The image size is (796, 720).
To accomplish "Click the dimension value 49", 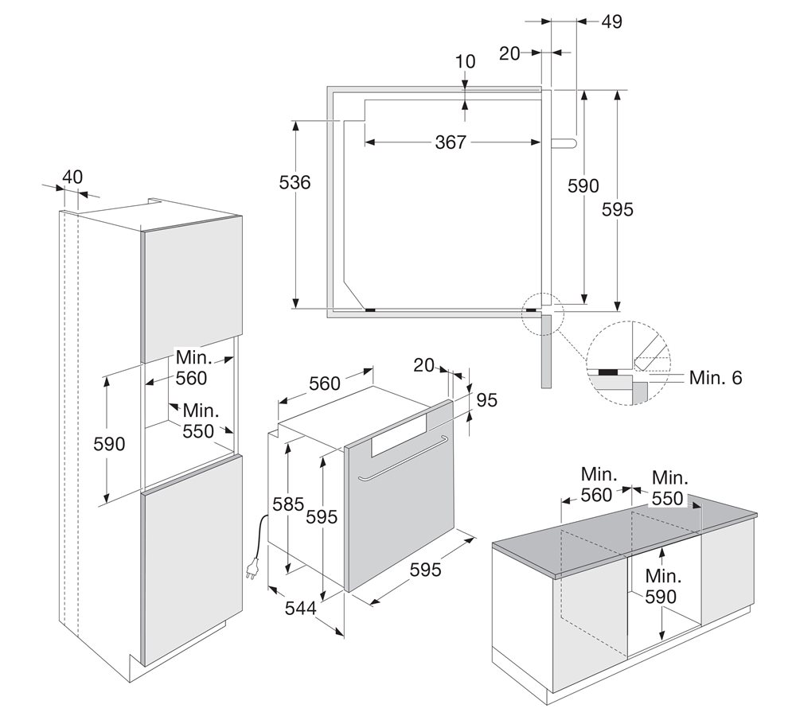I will [x=611, y=21].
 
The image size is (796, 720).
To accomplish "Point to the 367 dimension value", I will [x=451, y=142].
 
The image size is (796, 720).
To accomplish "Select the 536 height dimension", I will [x=295, y=182].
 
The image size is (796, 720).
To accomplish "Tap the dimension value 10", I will [x=466, y=61].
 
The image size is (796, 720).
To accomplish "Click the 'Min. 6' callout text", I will [x=715, y=378].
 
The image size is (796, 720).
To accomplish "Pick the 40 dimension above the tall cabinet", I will [x=72, y=177].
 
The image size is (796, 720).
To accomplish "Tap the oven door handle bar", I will [x=402, y=459].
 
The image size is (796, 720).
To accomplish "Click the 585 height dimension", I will [x=288, y=504].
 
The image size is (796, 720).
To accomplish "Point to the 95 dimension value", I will [x=486, y=400].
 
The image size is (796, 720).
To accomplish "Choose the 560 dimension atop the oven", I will [x=324, y=383].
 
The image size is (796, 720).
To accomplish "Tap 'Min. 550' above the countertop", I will [x=669, y=488].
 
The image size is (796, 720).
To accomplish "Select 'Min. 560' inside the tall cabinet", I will [x=192, y=368].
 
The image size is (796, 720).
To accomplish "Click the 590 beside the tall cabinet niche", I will [x=109, y=444].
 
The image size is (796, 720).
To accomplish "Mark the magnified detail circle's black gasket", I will [x=611, y=371].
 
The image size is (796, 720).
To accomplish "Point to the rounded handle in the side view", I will [x=562, y=142].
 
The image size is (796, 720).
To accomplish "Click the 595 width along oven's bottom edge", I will [x=426, y=570].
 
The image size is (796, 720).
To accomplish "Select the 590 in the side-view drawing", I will [x=583, y=185].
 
